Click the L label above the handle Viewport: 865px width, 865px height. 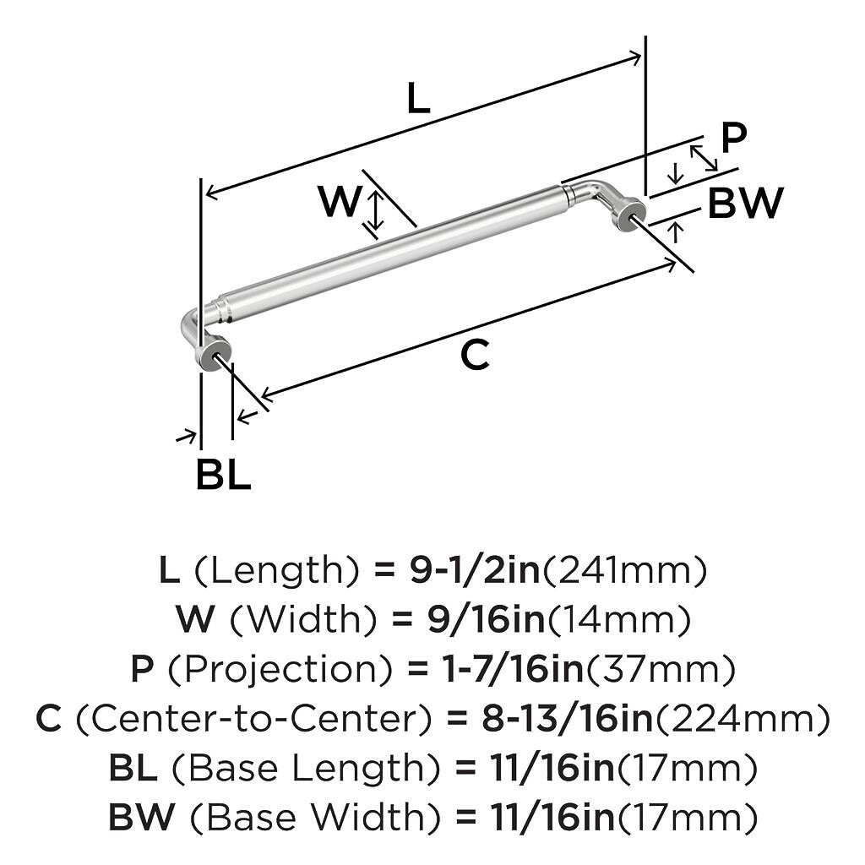click(419, 100)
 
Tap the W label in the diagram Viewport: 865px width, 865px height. click(340, 202)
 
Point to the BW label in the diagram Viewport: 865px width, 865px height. click(745, 204)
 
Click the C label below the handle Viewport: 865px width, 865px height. click(475, 356)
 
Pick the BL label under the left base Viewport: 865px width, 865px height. click(223, 476)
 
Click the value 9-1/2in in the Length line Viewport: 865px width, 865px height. click(475, 572)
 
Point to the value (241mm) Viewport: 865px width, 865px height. click(623, 572)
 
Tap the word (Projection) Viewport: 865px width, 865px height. click(280, 670)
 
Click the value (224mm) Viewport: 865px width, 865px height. click(743, 719)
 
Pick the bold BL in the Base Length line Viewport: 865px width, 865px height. click(133, 768)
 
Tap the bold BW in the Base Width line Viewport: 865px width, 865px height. click(142, 817)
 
